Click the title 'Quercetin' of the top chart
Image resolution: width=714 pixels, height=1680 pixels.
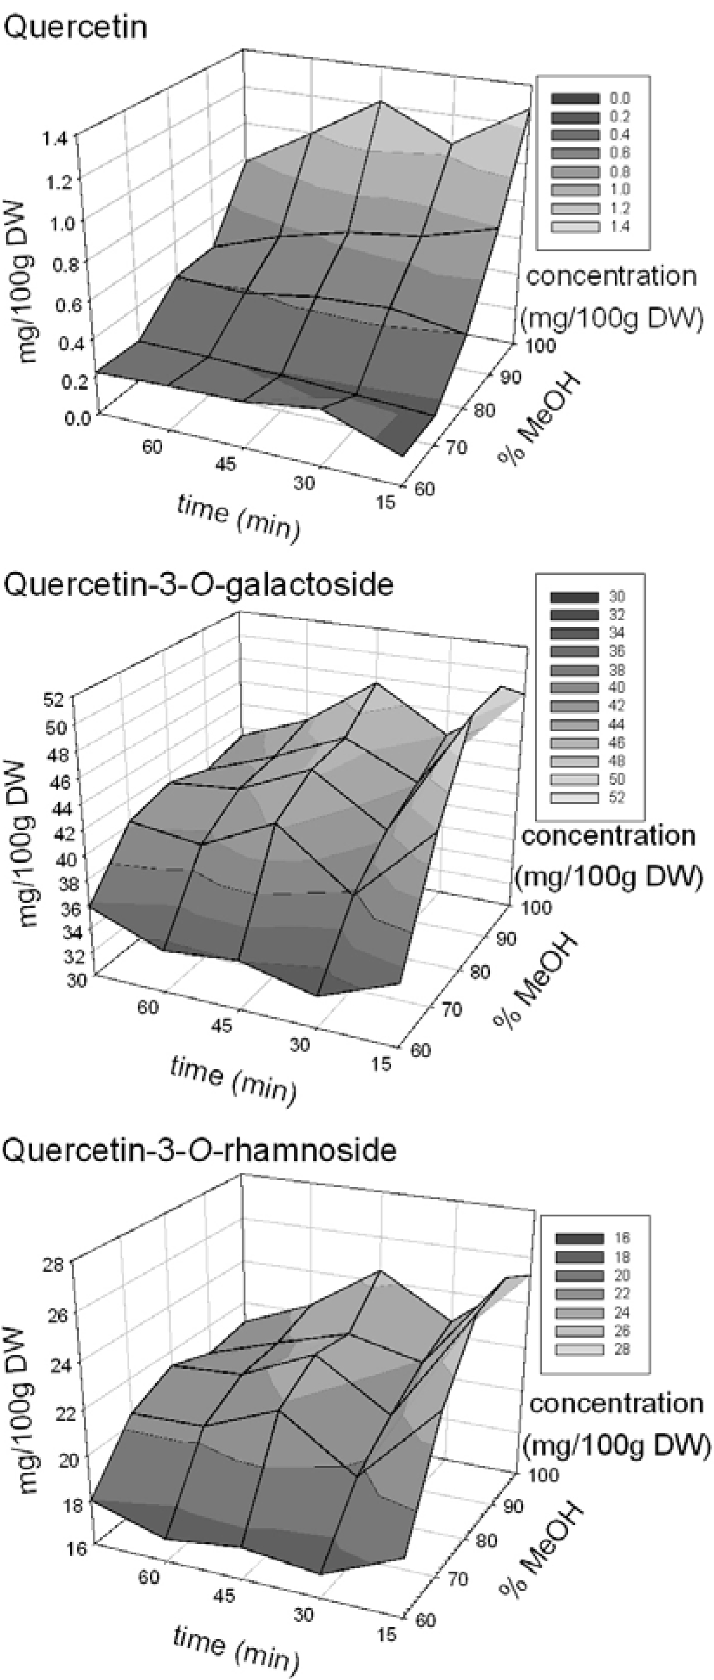click(75, 27)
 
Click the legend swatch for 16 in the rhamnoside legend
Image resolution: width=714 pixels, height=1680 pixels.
click(580, 1238)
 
